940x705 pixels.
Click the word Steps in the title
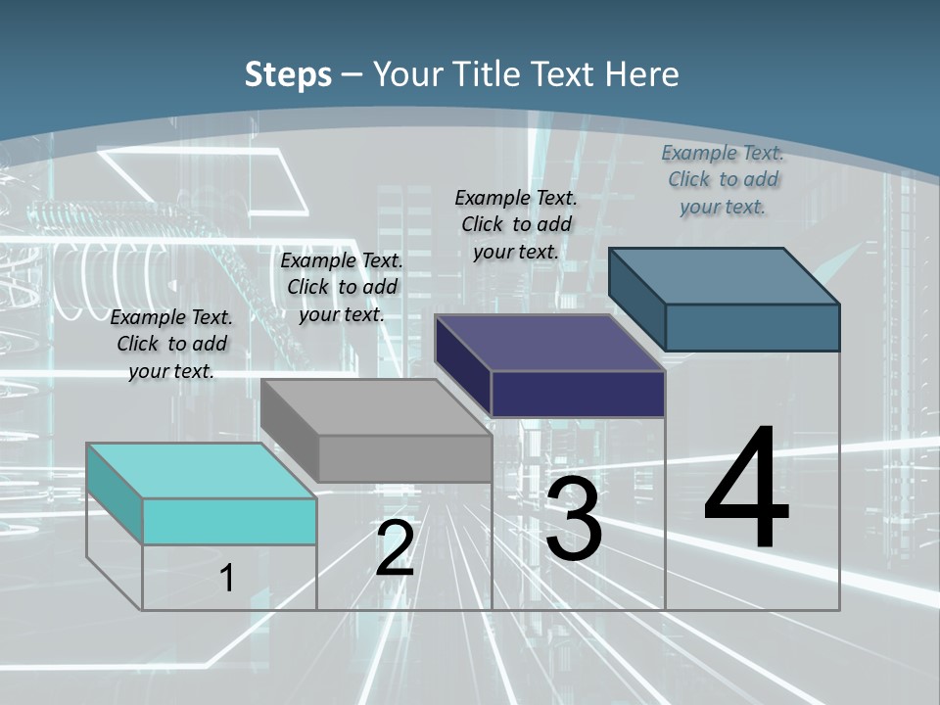(288, 74)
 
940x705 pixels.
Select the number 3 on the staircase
(574, 519)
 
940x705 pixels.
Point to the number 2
(395, 548)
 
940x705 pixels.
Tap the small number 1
(227, 578)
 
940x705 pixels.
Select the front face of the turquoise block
(229, 521)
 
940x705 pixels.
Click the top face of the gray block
(377, 407)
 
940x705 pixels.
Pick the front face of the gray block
(404, 458)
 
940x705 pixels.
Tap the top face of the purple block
(551, 343)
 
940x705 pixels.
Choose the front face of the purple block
(578, 394)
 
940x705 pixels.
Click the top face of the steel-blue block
(725, 276)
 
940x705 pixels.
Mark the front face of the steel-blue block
(752, 327)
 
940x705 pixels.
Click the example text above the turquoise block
(171, 344)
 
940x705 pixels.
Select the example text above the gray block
(342, 287)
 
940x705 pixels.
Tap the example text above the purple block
(516, 224)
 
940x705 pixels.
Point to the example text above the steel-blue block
(723, 179)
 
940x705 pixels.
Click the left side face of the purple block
(463, 364)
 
